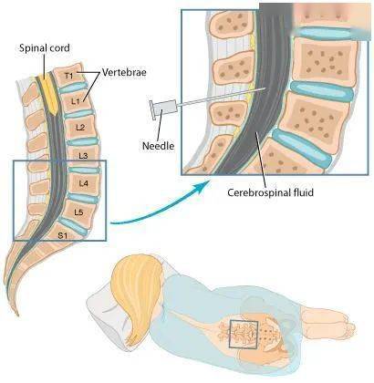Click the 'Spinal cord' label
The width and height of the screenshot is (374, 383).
coord(45,48)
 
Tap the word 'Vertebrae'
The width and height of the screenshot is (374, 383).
coord(124,72)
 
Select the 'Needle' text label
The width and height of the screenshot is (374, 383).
coord(158,146)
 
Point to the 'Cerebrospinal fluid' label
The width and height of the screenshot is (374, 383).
coord(270,192)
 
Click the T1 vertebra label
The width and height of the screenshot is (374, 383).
coord(69,75)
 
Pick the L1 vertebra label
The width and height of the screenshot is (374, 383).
coord(76,101)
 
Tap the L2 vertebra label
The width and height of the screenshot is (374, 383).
coord(79,128)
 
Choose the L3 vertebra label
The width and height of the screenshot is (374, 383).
coord(83,156)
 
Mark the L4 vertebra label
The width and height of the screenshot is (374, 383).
coord(83,183)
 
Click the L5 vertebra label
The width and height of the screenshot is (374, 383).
coord(78,212)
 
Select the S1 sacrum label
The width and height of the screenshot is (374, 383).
coord(62,234)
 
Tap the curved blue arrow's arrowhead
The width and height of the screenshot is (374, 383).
coord(205,186)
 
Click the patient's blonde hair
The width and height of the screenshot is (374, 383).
coord(137,292)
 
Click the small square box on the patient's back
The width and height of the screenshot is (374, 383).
coord(244,335)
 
